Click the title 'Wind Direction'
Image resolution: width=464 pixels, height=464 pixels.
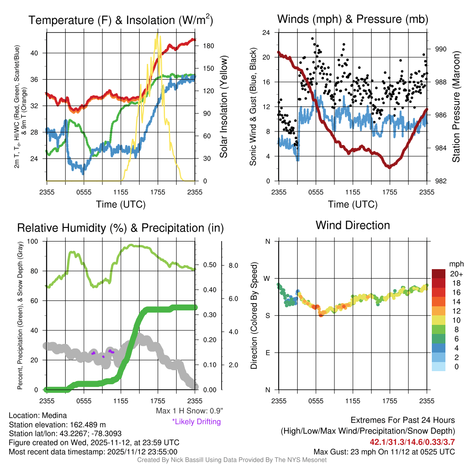353,225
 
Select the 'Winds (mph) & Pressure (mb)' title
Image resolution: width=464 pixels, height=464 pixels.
353,19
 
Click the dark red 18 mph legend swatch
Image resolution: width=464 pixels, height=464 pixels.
440,282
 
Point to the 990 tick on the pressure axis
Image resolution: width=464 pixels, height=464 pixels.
440,49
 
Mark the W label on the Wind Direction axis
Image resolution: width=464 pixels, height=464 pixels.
267,278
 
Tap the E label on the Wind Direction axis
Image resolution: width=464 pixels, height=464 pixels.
267,353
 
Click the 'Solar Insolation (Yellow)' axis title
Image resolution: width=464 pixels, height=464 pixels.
224,106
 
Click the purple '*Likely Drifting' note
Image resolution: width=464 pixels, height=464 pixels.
196,422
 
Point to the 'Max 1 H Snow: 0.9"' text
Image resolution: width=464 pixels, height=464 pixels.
189,411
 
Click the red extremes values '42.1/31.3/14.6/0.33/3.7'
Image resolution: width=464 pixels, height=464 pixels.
412,441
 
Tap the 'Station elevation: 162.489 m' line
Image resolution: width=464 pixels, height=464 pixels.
57,425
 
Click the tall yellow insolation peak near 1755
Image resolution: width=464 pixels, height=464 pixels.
157,34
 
